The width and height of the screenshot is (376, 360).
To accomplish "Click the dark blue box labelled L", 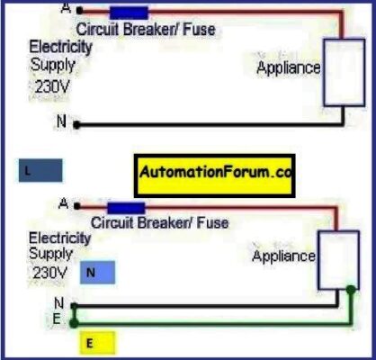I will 40,171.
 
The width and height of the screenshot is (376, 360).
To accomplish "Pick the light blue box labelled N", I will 98,270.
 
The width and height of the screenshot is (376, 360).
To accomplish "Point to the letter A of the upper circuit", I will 63,9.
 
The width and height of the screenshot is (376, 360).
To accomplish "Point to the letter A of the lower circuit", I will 63,204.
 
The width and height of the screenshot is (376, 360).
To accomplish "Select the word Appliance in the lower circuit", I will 283,256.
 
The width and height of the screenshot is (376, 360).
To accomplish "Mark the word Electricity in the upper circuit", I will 59,46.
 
